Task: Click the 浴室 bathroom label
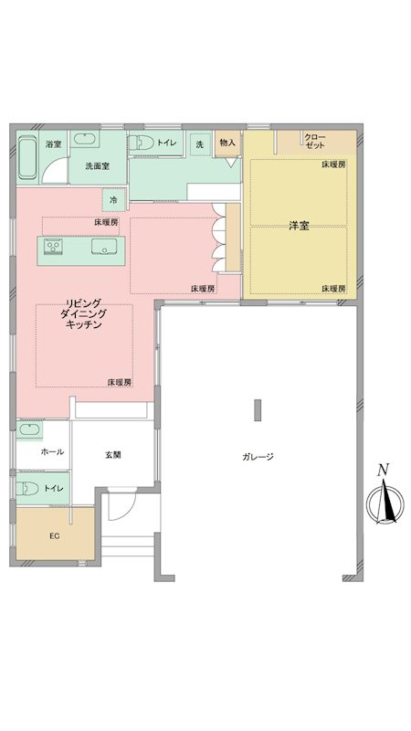[x=54, y=143]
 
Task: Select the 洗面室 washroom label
[x=97, y=166]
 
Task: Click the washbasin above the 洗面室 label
[x=87, y=140]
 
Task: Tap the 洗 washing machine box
[x=199, y=143]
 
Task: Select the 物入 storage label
[x=227, y=143]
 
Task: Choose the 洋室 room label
[x=298, y=225]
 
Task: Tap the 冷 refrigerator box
[x=113, y=199]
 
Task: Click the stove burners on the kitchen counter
[x=51, y=246]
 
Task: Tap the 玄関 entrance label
[x=113, y=454]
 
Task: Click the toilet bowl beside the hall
[x=28, y=488]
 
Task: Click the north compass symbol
[x=384, y=503]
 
